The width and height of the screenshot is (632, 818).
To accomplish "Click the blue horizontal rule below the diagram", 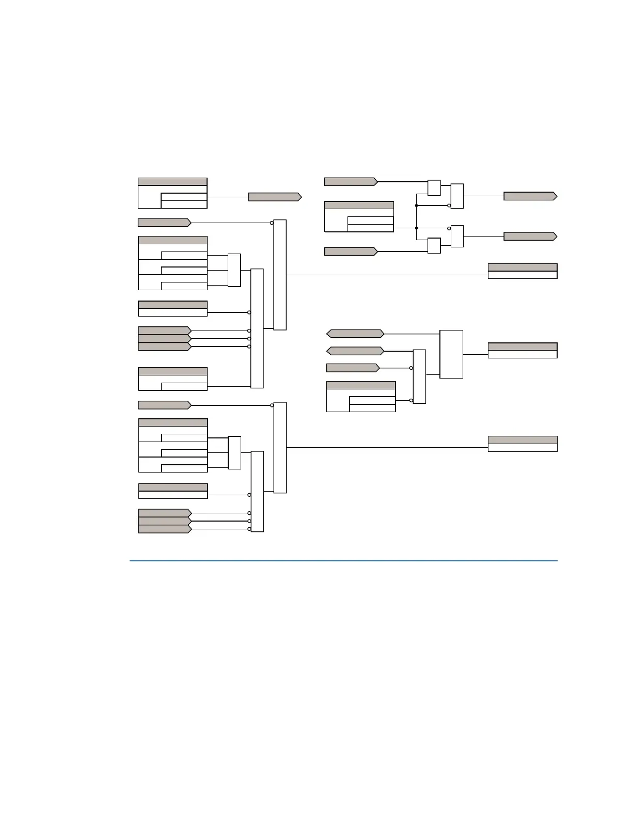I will (x=343, y=560).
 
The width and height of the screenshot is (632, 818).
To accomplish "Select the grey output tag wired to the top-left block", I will (x=275, y=197).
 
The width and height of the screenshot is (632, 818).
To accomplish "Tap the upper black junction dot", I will (x=416, y=206).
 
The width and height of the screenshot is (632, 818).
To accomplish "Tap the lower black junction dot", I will (x=416, y=228).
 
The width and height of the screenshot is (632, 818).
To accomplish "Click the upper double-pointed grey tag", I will (x=355, y=334).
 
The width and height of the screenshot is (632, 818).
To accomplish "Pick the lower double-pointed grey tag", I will (x=355, y=351).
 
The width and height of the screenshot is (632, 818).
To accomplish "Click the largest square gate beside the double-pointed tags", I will (x=451, y=354).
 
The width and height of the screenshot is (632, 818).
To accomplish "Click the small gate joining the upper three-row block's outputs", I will (x=234, y=270).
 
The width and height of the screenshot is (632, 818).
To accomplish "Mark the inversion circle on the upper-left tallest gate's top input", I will (x=272, y=223).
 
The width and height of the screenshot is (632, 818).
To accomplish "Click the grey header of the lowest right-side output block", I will (x=523, y=440).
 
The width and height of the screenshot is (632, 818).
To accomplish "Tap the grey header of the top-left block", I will (x=172, y=182).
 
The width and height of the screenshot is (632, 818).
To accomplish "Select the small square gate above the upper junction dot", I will (x=434, y=188).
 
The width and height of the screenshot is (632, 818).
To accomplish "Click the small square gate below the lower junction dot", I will (x=434, y=246).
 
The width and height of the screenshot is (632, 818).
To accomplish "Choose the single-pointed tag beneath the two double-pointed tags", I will (x=353, y=368).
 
